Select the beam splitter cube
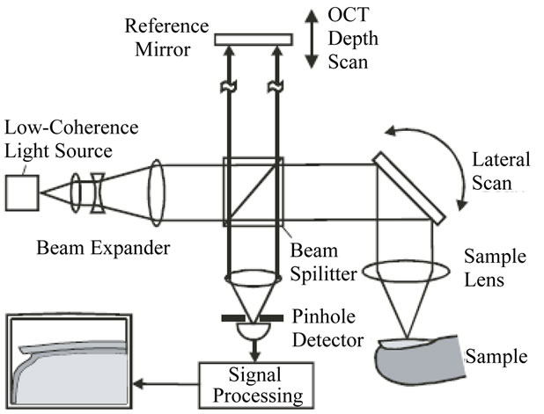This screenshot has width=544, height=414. coord(254,191)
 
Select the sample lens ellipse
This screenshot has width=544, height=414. coord(406,272)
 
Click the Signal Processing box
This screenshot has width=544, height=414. coord(255,383)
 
